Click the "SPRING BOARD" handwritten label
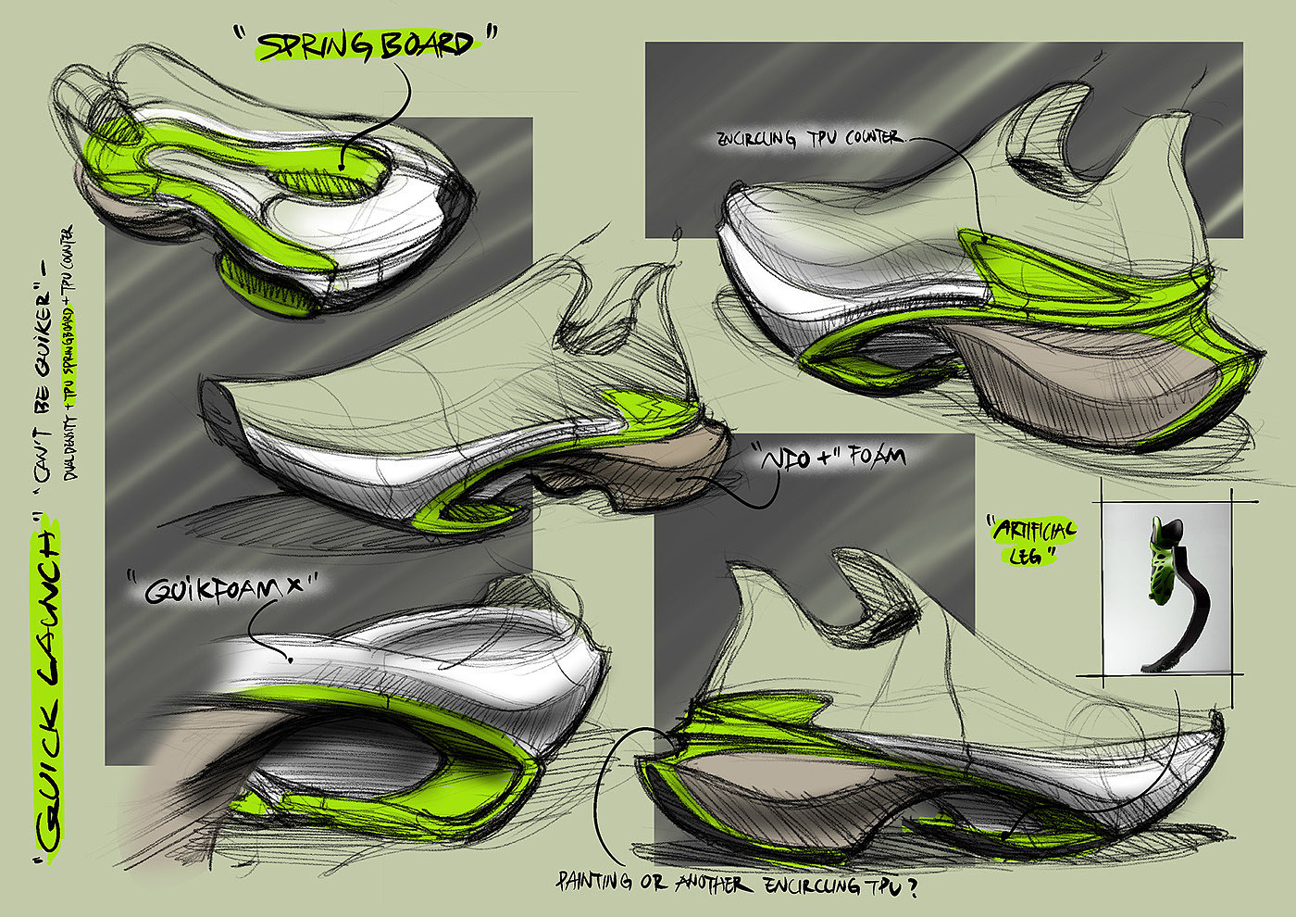365,44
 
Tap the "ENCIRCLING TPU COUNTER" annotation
807,139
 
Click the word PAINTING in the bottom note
596,883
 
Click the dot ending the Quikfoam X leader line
291,660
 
